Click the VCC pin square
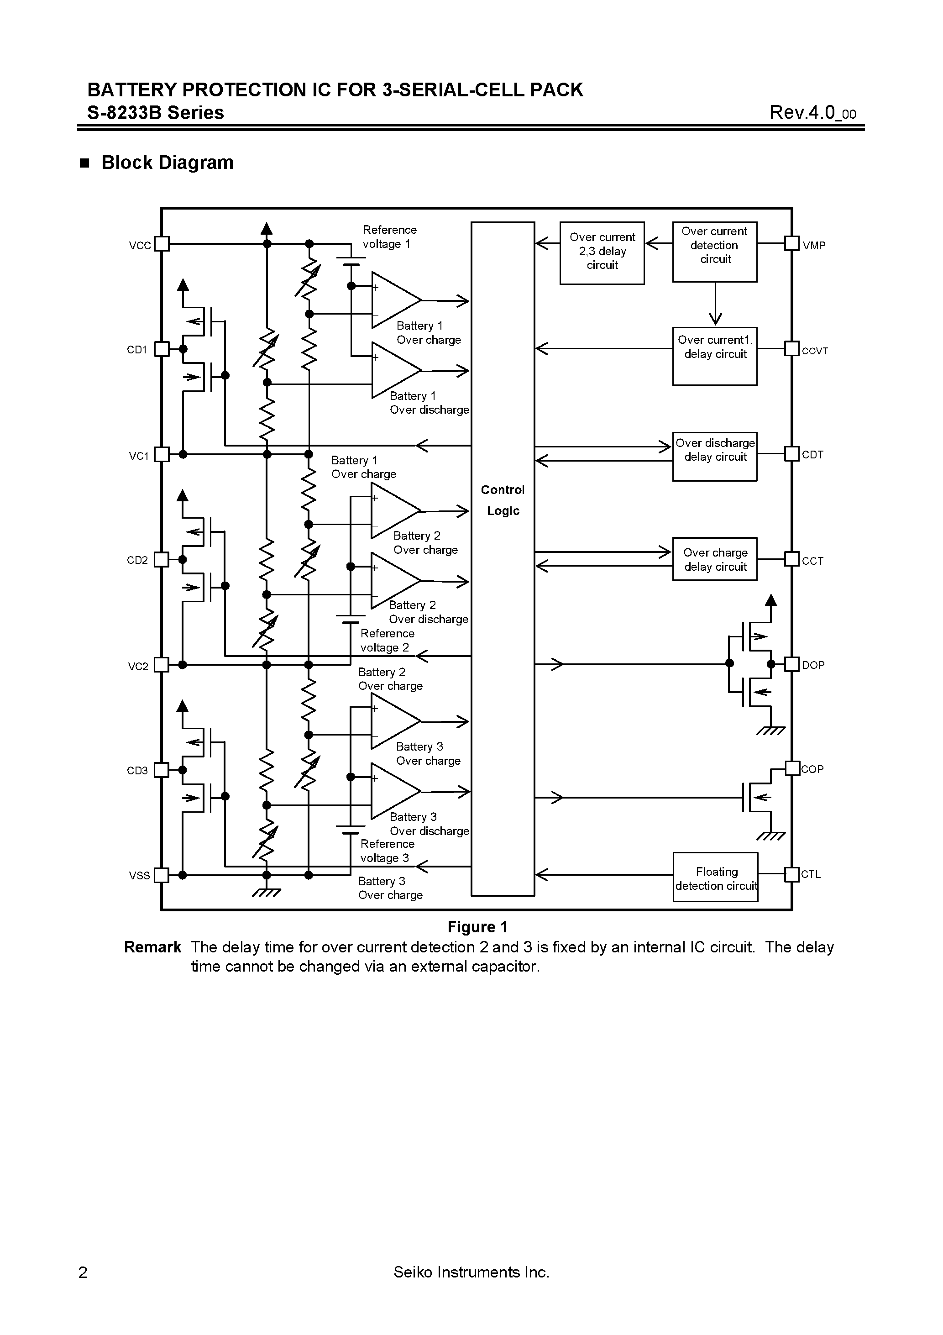[x=162, y=244]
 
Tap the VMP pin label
[x=813, y=245]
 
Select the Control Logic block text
[x=503, y=500]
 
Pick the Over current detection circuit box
[x=714, y=251]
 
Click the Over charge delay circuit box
[x=714, y=559]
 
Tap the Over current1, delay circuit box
[x=714, y=356]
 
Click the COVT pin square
[x=792, y=348]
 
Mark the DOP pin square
[x=792, y=664]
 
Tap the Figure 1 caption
[x=477, y=927]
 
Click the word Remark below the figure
[x=152, y=947]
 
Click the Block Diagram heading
[x=168, y=162]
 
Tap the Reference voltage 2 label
[x=387, y=640]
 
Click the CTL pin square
[x=792, y=874]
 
